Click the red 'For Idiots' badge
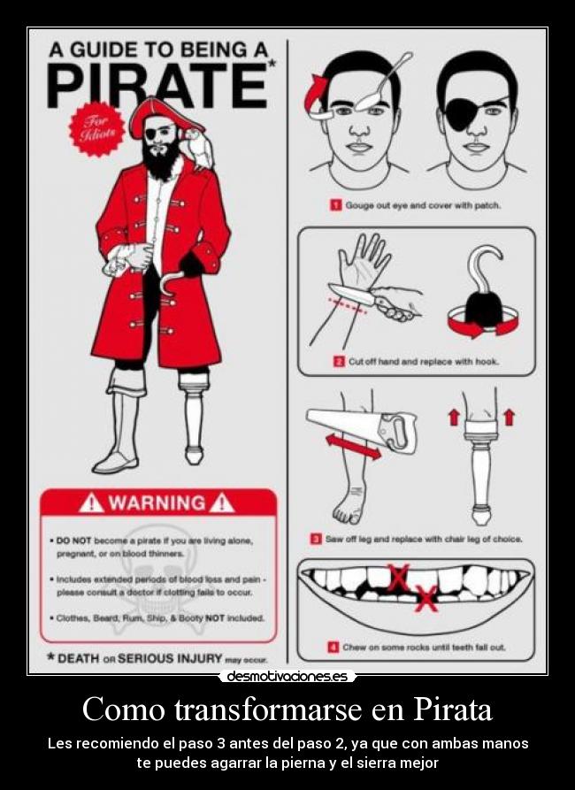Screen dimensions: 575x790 pyautogui.click(x=96, y=129)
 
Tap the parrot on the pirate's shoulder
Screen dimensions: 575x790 pyautogui.click(x=198, y=148)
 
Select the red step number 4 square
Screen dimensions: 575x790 pyautogui.click(x=333, y=647)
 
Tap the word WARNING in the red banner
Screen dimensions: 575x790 pyautogui.click(x=157, y=503)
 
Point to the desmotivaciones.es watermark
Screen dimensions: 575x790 pyautogui.click(x=287, y=676)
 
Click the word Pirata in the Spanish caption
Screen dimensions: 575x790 pyautogui.click(x=453, y=709)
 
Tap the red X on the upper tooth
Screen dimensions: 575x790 pyautogui.click(x=398, y=578)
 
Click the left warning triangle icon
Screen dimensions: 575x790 pyautogui.click(x=91, y=502)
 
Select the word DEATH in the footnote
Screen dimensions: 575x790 pyautogui.click(x=78, y=658)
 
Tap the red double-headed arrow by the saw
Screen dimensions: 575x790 pyautogui.click(x=353, y=448)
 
